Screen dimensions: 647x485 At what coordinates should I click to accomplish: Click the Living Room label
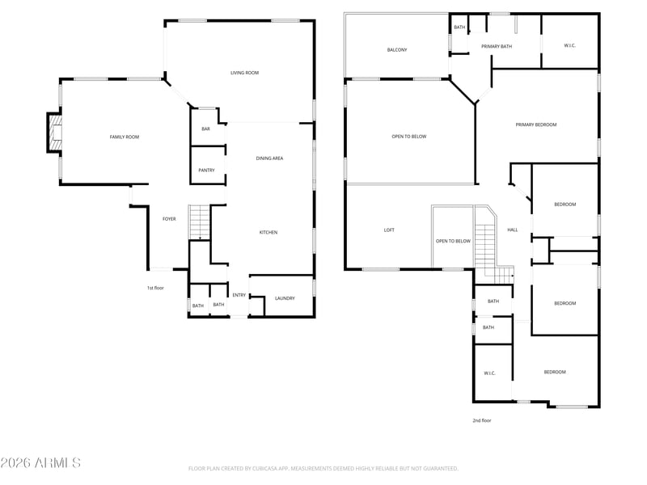[x=245, y=73]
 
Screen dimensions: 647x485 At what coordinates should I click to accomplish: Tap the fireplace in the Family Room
[x=55, y=133]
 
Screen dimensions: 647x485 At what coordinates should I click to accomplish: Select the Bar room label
[x=206, y=129]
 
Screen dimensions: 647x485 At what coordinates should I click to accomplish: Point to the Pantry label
[x=206, y=170]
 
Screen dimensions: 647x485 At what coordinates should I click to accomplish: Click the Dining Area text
[x=269, y=158]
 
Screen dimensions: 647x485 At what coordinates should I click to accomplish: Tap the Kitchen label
[x=269, y=232]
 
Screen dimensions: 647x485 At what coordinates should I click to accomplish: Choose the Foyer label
[x=169, y=219]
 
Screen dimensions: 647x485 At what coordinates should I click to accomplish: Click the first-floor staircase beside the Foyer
[x=200, y=221]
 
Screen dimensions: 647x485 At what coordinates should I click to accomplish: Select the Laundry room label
[x=285, y=298]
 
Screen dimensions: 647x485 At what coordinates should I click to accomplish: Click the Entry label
[x=239, y=295]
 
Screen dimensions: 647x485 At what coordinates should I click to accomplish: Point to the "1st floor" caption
[x=155, y=288]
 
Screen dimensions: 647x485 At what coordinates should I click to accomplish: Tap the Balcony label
[x=397, y=50]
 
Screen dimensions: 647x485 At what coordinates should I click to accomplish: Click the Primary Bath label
[x=497, y=46]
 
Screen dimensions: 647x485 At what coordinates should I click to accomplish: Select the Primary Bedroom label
[x=536, y=124]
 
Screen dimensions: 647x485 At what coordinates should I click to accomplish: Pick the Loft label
[x=389, y=230]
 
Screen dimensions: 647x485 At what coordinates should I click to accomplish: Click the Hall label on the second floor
[x=513, y=230]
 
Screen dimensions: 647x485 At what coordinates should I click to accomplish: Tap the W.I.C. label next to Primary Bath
[x=570, y=45]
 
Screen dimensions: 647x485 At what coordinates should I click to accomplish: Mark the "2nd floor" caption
[x=482, y=420]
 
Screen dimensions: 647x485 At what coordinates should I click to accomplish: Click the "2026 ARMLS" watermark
[x=40, y=462]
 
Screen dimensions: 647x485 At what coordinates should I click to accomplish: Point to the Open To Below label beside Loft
[x=453, y=241]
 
